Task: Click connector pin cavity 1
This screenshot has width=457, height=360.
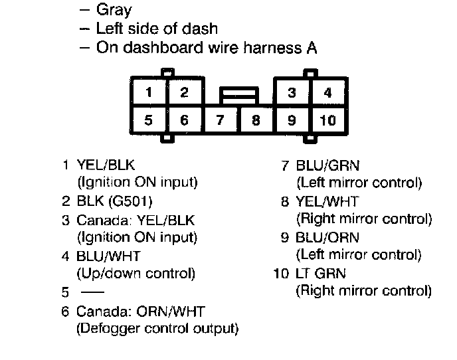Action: tap(149, 92)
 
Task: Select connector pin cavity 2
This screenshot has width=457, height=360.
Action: tap(185, 92)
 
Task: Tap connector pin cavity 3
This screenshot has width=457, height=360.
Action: tap(292, 92)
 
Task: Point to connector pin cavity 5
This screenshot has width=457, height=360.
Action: tap(149, 120)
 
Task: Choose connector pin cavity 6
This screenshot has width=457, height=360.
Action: tap(185, 120)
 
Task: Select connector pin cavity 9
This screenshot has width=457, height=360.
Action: tap(292, 120)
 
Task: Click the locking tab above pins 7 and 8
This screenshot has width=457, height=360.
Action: tap(239, 96)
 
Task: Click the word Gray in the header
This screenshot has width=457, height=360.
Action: tap(114, 10)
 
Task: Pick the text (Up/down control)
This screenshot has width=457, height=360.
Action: tap(136, 272)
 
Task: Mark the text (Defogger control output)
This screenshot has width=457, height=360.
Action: tap(158, 327)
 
